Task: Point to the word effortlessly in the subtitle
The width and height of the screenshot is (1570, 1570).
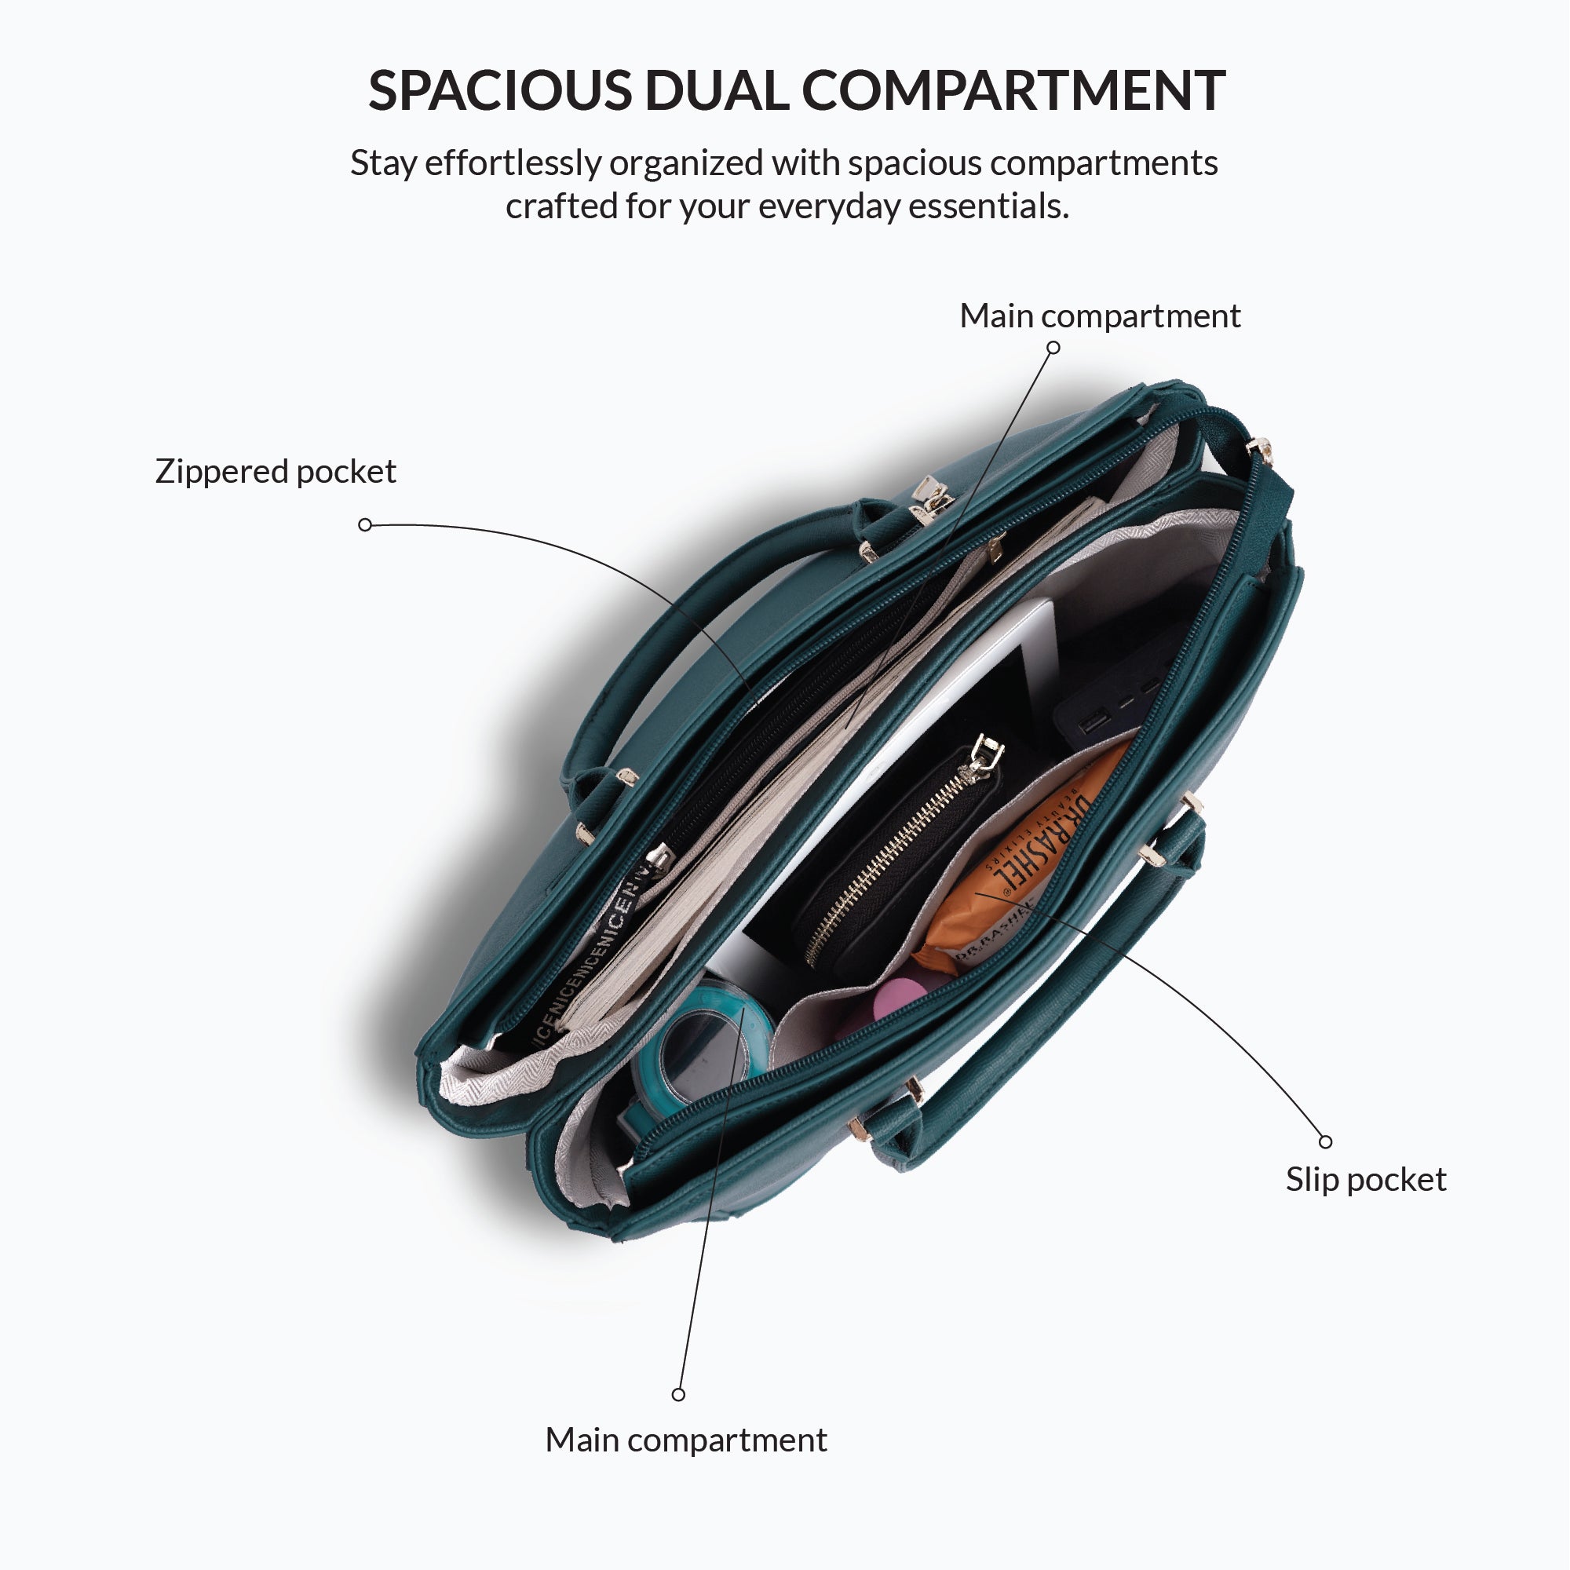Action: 513,163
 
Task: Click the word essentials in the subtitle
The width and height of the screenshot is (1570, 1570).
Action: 988,206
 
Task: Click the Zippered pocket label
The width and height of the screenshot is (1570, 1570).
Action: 276,471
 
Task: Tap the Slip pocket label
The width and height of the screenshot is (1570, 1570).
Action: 1365,1179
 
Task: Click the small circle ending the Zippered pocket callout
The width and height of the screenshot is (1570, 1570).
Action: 365,525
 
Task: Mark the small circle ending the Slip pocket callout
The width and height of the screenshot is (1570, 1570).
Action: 1325,1141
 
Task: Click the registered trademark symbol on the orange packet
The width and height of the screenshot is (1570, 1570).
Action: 1007,893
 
